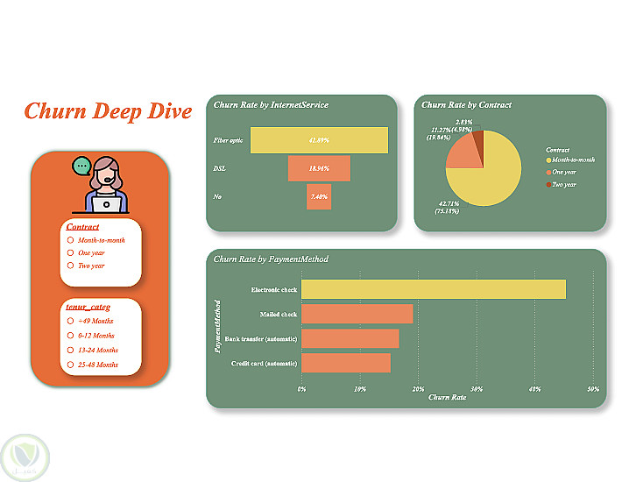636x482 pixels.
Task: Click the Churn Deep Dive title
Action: click(x=108, y=111)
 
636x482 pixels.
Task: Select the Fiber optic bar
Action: click(x=319, y=140)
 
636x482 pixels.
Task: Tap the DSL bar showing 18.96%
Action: click(x=319, y=168)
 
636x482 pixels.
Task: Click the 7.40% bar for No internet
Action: click(x=319, y=196)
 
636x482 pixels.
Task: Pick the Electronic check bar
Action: click(x=433, y=289)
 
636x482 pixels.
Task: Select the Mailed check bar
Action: click(x=357, y=314)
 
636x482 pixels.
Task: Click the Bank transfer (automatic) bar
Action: click(x=350, y=338)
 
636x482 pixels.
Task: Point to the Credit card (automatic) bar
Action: click(x=345, y=363)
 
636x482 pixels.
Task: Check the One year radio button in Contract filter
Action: click(x=70, y=252)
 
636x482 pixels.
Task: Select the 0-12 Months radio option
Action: click(x=70, y=336)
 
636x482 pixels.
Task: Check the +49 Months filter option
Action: click(x=70, y=321)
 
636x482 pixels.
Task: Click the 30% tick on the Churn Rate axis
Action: click(x=477, y=388)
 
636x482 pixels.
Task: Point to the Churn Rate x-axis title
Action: click(x=447, y=398)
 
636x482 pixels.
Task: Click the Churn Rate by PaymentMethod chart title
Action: click(x=272, y=259)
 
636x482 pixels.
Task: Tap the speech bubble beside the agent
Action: click(x=81, y=165)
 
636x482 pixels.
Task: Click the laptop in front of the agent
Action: click(x=107, y=203)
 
